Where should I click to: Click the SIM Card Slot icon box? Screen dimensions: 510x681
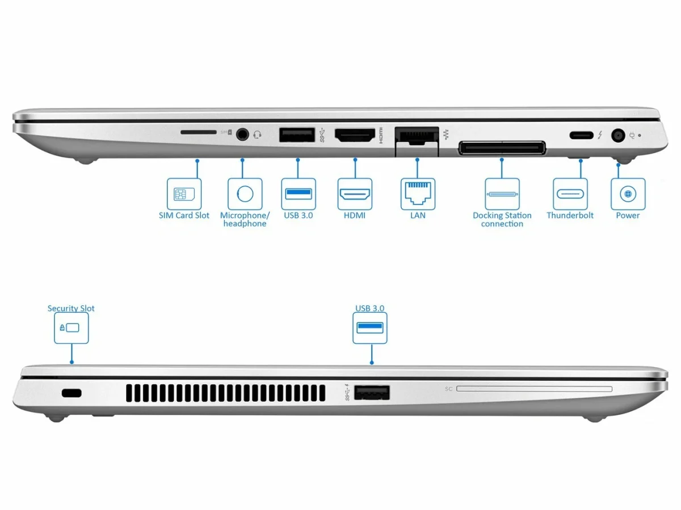pos(184,194)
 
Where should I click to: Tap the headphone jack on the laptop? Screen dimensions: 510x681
pos(243,135)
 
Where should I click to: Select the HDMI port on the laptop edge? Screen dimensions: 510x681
pos(355,135)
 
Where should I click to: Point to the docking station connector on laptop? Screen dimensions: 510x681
pos(502,148)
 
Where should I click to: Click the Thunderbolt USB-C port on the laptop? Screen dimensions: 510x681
pos(580,135)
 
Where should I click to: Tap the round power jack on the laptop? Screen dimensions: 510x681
pos(617,135)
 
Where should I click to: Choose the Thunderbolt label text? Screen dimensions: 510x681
pos(570,215)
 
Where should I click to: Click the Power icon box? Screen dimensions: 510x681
pos(628,194)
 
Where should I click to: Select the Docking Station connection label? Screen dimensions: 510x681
pos(502,219)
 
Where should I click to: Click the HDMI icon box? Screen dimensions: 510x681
pos(355,194)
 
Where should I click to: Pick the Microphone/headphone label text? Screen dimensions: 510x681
pos(245,219)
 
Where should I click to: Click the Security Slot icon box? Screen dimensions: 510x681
pos(71,328)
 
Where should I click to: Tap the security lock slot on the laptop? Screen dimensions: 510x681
pos(72,393)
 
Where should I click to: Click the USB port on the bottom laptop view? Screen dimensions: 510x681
pos(372,393)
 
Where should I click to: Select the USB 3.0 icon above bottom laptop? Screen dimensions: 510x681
pos(370,328)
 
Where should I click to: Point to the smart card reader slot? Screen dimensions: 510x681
pos(533,389)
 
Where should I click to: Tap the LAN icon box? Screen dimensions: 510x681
pos(418,194)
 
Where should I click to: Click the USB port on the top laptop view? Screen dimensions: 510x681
pos(297,135)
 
